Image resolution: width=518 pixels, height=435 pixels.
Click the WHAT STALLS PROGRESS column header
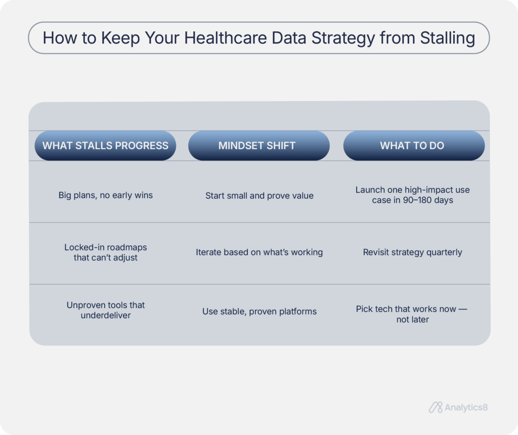coord(105,146)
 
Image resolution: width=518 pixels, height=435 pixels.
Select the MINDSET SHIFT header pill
coord(258,146)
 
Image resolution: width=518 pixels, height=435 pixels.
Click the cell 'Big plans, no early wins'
coord(105,195)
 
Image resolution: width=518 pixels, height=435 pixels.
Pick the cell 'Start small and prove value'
coord(259,196)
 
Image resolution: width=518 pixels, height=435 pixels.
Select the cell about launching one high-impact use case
coord(412,195)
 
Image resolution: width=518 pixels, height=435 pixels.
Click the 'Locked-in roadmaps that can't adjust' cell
coord(105,252)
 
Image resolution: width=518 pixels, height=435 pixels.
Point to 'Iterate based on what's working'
coord(259,252)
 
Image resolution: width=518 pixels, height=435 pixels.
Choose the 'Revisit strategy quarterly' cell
coord(412,252)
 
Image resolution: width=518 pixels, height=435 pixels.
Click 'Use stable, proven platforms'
coord(259,312)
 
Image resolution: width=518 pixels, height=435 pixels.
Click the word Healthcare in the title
coord(210,38)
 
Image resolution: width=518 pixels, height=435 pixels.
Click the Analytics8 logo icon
coord(436,407)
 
